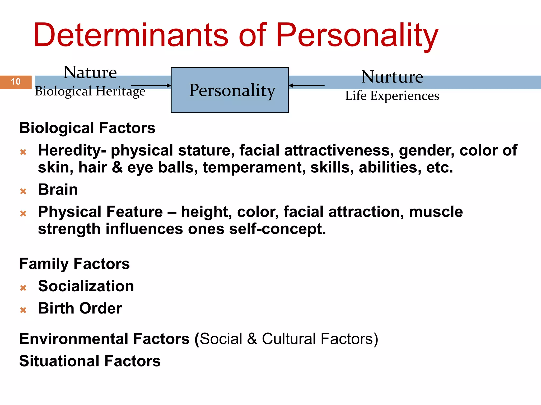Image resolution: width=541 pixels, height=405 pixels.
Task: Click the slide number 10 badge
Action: pos(16,82)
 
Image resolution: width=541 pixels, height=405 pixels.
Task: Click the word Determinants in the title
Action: pos(130,35)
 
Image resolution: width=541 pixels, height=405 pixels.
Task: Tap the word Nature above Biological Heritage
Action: pos(90,73)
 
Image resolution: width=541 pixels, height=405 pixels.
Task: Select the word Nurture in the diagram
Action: pos(392,77)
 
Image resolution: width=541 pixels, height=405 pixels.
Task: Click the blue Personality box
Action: pos(230,90)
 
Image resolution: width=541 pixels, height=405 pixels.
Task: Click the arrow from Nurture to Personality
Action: pos(306,85)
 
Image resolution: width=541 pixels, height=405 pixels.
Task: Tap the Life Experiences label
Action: pos(392,96)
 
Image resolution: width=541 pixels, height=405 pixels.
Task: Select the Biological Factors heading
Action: pos(87,128)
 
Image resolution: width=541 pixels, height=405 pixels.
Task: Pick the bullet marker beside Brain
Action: pos(23,191)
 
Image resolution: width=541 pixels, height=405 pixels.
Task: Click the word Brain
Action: pos(58,190)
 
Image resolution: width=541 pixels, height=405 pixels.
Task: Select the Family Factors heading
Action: pos(74,264)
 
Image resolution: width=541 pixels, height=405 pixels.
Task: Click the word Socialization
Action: pos(86,286)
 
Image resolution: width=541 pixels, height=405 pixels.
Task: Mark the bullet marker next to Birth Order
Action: pos(23,310)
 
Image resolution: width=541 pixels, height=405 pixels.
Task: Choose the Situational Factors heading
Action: pos(90,361)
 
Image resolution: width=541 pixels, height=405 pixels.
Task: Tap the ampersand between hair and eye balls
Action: pos(117,168)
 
